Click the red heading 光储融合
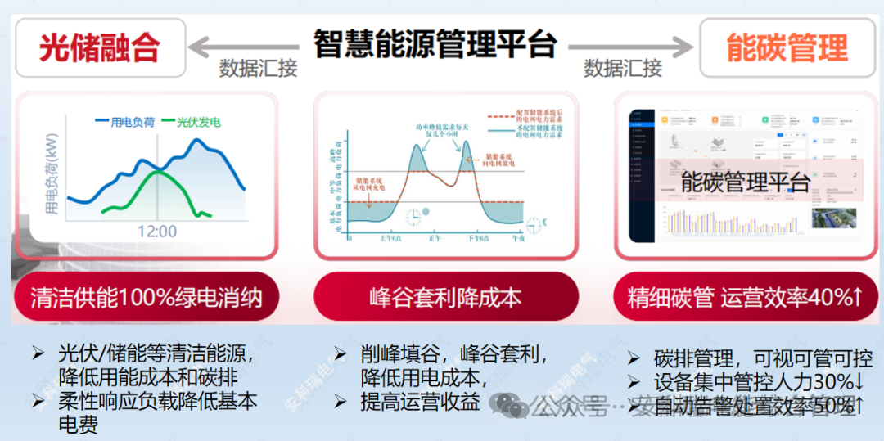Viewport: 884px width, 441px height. (x=100, y=48)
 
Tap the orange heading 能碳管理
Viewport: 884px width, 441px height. (x=787, y=48)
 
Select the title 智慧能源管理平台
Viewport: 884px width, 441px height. (x=435, y=43)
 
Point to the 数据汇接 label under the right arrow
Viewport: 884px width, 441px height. (x=623, y=69)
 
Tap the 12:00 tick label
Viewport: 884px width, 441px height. (x=156, y=232)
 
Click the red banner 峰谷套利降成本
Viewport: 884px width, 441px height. (x=445, y=297)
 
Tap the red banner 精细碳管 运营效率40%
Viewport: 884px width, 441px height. (x=745, y=297)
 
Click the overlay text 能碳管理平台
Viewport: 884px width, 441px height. (x=745, y=182)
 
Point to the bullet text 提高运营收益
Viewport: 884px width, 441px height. (x=420, y=402)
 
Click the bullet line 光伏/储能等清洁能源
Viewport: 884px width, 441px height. (x=156, y=355)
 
